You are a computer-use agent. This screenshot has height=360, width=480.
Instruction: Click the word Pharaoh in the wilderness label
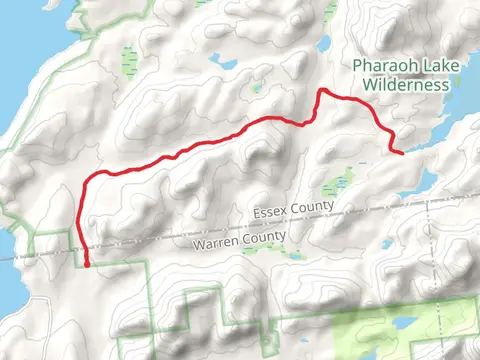coord(381,67)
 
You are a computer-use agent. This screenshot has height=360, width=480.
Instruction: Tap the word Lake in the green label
coord(430,67)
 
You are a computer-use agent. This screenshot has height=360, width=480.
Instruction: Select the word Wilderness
coord(404,85)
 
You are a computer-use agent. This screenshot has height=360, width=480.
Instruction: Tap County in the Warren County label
coord(265,236)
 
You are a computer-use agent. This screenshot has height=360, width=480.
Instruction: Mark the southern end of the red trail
coord(87,265)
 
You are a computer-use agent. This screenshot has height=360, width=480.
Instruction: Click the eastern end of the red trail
coord(401,153)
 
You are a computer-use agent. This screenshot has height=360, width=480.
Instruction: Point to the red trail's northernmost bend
coord(322,92)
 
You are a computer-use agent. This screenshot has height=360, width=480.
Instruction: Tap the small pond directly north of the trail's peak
coord(323,45)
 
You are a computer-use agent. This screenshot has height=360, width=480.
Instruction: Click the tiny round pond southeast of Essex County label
coord(385,245)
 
